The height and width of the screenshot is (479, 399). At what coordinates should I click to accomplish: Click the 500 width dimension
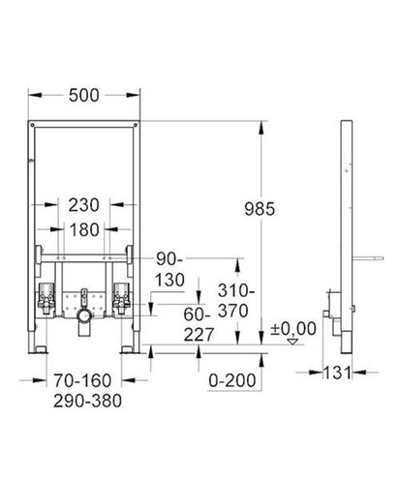coord(84,96)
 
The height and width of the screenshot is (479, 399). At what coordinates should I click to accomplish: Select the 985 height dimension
coord(260,209)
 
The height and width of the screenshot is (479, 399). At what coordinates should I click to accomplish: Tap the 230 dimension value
coord(83,205)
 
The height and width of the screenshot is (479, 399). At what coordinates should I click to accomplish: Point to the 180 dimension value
coord(84,230)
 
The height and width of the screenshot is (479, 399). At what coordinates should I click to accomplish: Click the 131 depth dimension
coord(337,373)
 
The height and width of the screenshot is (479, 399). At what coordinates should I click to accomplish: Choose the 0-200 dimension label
coord(232,380)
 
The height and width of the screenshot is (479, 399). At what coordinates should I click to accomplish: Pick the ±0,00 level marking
coord(293,329)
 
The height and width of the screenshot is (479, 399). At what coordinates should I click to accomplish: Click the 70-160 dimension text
coord(82,380)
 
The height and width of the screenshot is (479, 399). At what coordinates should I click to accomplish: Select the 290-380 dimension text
coord(87,401)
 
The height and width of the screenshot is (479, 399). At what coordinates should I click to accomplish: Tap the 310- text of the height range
coord(236,291)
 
